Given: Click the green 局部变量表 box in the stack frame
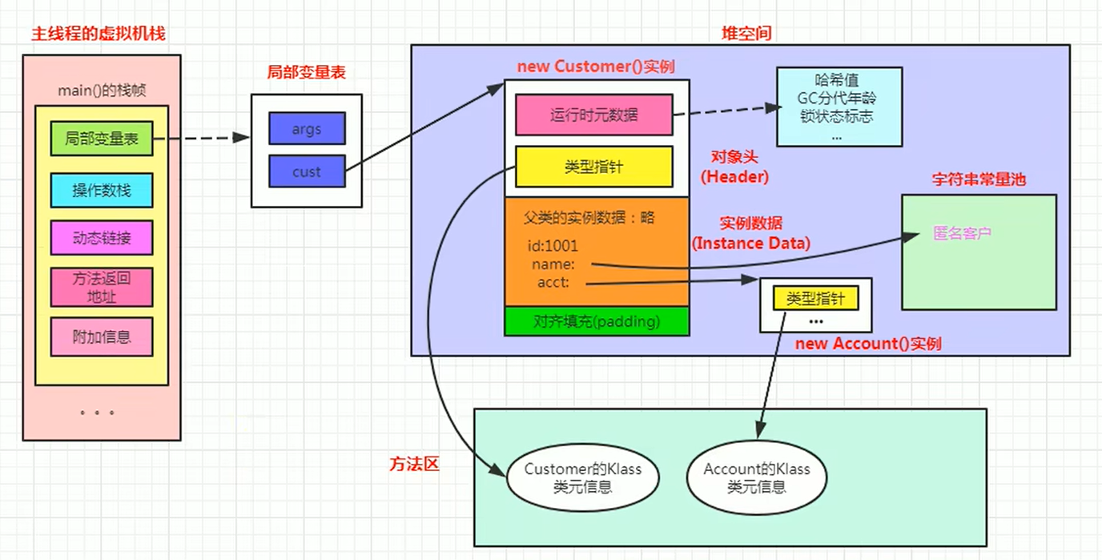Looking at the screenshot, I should pos(101,139).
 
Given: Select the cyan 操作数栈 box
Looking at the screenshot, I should pos(101,191).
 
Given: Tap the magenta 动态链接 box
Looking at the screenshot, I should pos(101,238).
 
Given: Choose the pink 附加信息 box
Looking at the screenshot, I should pos(101,336).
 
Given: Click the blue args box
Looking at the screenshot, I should pos(307,128).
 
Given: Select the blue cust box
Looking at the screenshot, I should pos(307,171).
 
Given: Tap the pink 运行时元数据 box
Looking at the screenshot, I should pos(593,115).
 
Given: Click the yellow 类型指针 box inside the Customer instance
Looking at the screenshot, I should pos(593,167).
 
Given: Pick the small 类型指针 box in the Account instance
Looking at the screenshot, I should pos(815,299).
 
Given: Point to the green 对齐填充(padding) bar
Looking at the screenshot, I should pos(597,321).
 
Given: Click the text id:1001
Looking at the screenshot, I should pos(553,246).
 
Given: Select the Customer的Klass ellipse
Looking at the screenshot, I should pos(582,477).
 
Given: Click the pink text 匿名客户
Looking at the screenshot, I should pos(962,235).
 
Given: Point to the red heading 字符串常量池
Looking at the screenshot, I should pos(979,179).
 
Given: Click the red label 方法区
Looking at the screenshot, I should pos(415,464).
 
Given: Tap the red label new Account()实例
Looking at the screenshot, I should pos(867,344).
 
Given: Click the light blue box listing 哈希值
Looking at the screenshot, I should pos(839,107).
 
